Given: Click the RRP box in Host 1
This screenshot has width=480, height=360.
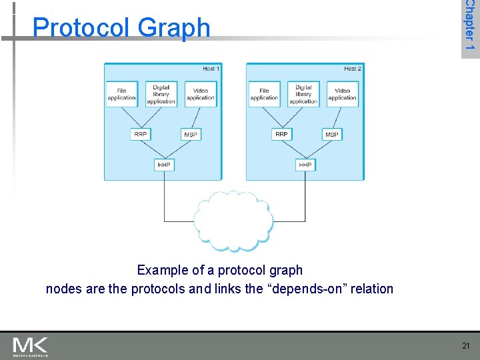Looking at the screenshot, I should (x=141, y=134).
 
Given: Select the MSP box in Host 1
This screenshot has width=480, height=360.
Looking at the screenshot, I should (x=191, y=134).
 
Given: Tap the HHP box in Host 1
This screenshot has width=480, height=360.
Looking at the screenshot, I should (x=164, y=164).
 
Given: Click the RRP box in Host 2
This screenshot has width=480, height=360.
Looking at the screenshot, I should (x=282, y=134).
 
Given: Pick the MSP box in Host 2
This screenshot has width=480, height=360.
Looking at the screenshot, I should (x=331, y=134).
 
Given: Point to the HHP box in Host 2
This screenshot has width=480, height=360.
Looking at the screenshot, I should (x=305, y=164).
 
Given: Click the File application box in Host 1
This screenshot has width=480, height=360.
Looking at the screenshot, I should (x=122, y=94).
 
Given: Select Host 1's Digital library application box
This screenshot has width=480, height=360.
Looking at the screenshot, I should (x=161, y=94).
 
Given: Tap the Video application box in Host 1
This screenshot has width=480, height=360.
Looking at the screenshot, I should (x=200, y=94).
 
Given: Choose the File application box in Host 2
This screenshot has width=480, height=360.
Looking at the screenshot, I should (x=264, y=94).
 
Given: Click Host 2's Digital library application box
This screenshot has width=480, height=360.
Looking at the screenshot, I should (x=303, y=94).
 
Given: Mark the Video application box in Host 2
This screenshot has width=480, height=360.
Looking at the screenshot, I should (x=342, y=94).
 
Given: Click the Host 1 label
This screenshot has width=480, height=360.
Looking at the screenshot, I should (x=211, y=69).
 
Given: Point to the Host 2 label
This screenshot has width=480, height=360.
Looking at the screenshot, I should (x=353, y=69).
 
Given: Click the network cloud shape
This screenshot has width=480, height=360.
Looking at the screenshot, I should (x=233, y=221).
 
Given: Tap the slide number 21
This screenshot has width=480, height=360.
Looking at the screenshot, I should (x=465, y=345).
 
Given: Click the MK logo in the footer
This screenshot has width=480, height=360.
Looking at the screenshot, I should (x=30, y=347).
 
